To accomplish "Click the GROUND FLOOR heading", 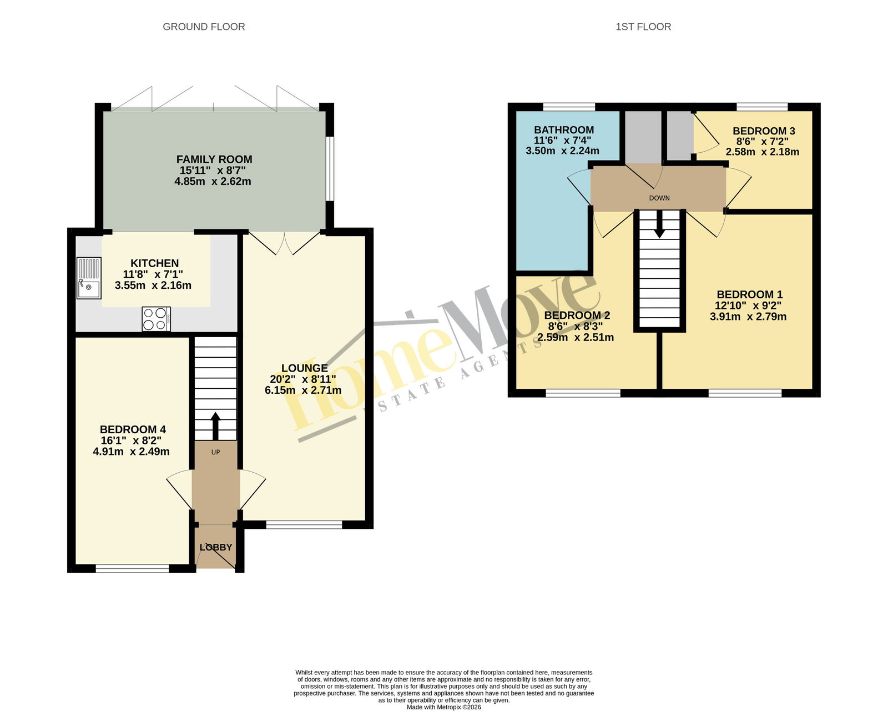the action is click(x=204, y=27).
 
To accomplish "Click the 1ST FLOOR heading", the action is click(x=643, y=27).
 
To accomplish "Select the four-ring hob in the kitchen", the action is click(x=157, y=318).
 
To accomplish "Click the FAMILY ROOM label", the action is click(x=214, y=159).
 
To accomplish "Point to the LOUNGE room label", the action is click(x=305, y=368).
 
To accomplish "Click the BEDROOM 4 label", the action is click(x=133, y=430).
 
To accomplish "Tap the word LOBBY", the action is click(x=216, y=547).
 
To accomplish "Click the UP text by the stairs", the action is click(x=215, y=452).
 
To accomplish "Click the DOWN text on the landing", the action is click(x=659, y=198).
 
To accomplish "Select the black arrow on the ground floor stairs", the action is click(x=215, y=425).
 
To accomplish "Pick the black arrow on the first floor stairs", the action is click(x=659, y=224).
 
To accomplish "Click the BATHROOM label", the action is click(x=564, y=130).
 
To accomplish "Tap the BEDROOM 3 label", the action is click(x=763, y=131).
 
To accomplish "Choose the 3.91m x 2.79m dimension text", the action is click(x=748, y=317).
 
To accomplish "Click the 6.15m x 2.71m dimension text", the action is click(x=303, y=390).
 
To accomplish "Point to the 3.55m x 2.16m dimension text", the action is click(x=153, y=286).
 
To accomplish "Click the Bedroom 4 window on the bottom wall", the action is click(x=133, y=568).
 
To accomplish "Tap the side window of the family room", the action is click(x=330, y=168).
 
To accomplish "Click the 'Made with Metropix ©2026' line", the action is click(x=443, y=707).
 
